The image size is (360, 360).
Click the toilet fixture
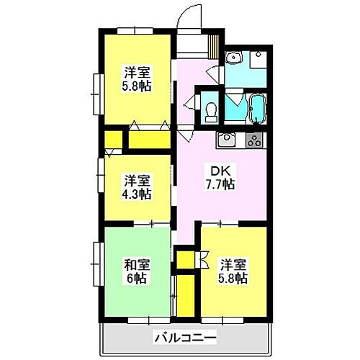pos(211,109)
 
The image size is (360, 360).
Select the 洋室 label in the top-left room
pos(136,72)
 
